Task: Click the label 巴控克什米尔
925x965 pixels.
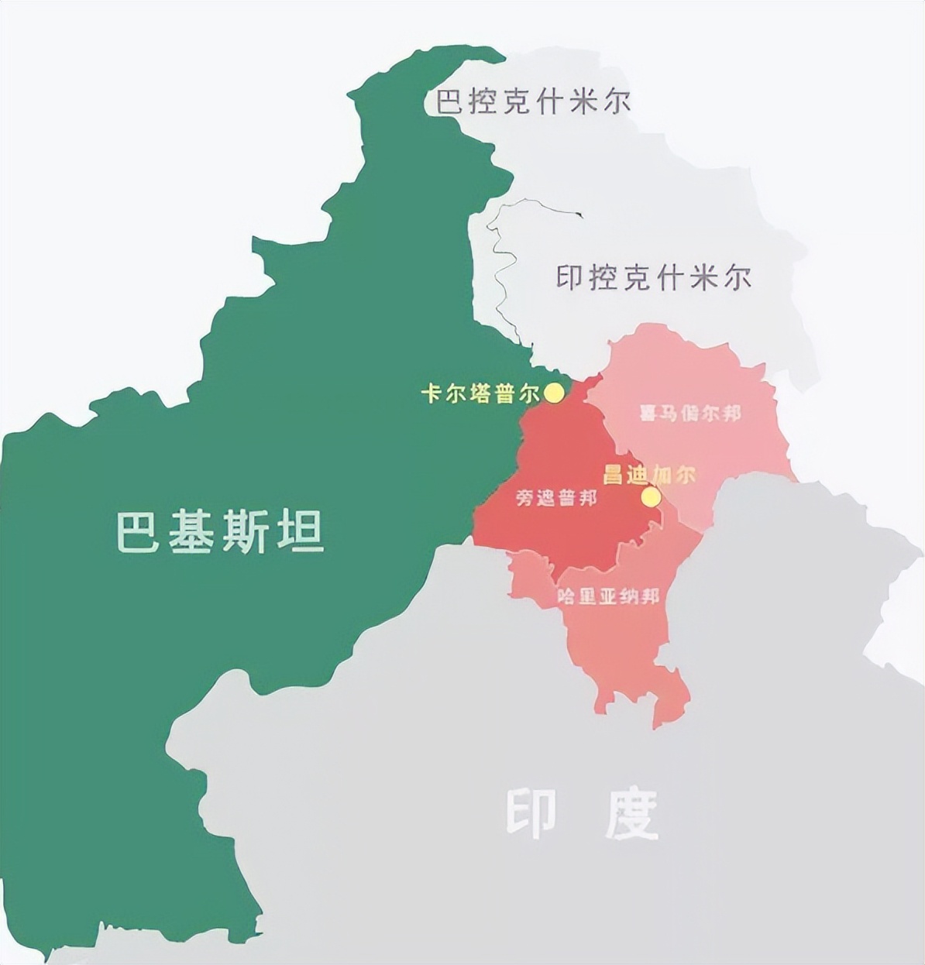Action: (533, 102)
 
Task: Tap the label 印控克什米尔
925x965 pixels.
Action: (654, 277)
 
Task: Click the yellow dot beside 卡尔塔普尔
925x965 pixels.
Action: (554, 393)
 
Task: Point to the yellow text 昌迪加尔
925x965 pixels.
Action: (649, 475)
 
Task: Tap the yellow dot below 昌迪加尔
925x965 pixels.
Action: (652, 496)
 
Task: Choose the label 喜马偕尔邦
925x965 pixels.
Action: (689, 413)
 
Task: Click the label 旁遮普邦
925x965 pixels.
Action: (556, 498)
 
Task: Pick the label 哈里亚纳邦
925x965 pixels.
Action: (608, 597)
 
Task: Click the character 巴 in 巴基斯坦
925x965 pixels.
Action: (139, 531)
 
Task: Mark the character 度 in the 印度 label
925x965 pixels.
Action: (631, 815)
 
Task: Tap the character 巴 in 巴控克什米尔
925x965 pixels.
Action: (450, 102)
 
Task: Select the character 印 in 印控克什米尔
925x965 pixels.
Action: (569, 277)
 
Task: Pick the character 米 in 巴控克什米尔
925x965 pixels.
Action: (583, 102)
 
